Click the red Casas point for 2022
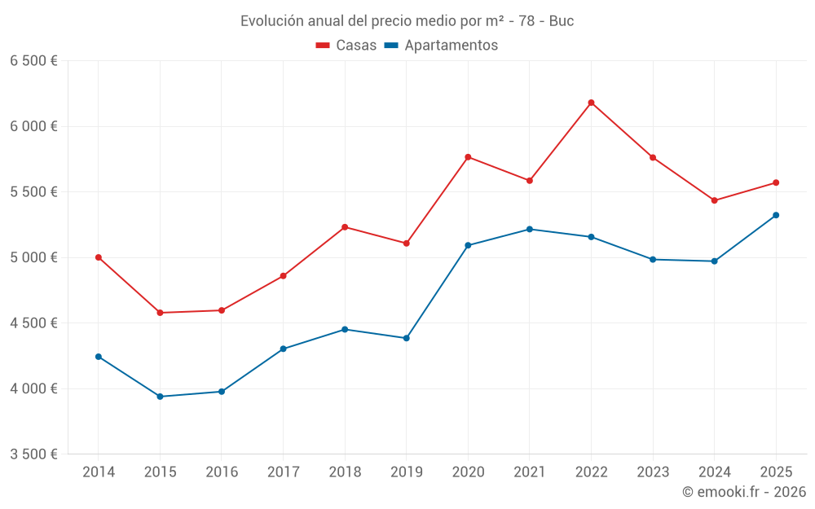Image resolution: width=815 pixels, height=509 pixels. point(591,103)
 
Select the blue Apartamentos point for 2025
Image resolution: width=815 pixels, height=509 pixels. point(776,215)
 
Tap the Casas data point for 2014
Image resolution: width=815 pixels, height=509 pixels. point(99,257)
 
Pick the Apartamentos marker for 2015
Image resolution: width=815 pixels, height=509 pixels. point(160,397)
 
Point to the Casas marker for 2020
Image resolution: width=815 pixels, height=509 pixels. point(468,157)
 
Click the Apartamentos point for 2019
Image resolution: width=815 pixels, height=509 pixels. point(406,338)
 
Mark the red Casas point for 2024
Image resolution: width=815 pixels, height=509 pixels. point(714,200)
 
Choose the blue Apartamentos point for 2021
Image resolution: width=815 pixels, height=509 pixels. point(529,229)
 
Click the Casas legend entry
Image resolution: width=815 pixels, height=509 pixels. point(346,46)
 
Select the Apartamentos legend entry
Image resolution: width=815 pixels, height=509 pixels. point(441,46)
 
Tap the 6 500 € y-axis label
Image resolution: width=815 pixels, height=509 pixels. point(33,61)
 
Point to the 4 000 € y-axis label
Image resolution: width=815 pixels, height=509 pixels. point(33,388)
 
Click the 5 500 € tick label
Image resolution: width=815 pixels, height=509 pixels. point(33,192)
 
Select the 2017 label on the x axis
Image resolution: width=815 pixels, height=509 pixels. point(283,472)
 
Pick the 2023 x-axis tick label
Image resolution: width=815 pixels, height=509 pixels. point(653,472)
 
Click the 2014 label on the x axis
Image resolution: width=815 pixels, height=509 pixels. point(99,472)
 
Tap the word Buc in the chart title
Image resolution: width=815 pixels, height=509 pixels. point(562,21)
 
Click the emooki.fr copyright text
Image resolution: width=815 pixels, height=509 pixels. point(744,492)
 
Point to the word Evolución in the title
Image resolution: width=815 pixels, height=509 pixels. point(269,21)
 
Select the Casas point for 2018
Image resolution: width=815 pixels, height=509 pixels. point(345,227)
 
